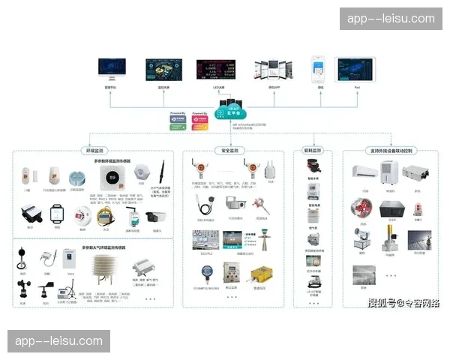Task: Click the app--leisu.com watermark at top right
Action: pos(390,19)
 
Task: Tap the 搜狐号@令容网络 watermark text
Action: pos(403,303)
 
